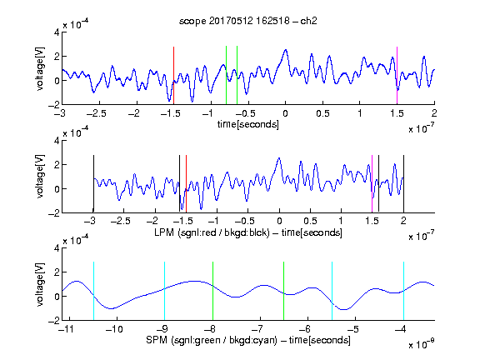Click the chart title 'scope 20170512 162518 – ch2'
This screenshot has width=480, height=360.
[248, 21]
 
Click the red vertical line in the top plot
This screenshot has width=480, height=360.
[173, 76]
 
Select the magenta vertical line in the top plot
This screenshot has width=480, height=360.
[397, 76]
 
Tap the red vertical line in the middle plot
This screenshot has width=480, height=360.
[186, 183]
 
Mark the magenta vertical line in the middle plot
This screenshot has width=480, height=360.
[372, 183]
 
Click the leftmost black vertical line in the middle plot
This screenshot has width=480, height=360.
[93, 183]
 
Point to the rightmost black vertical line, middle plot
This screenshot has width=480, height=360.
[403, 183]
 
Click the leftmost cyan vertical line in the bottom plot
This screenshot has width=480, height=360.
[93, 291]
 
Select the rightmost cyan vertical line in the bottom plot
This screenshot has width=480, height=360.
[403, 291]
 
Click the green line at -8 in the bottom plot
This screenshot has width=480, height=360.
[212, 291]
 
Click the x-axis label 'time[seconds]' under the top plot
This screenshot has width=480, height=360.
[248, 124]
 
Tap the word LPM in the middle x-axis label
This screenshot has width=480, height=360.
[164, 232]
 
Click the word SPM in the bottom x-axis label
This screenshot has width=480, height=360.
[156, 340]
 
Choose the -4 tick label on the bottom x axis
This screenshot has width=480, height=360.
[400, 329]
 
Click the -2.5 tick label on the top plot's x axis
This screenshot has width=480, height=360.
[97, 113]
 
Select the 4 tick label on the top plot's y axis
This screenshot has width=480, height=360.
[57, 32]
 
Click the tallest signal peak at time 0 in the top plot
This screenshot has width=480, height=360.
[286, 50]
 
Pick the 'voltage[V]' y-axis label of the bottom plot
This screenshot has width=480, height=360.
[40, 284]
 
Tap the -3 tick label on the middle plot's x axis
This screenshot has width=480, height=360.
[90, 221]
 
